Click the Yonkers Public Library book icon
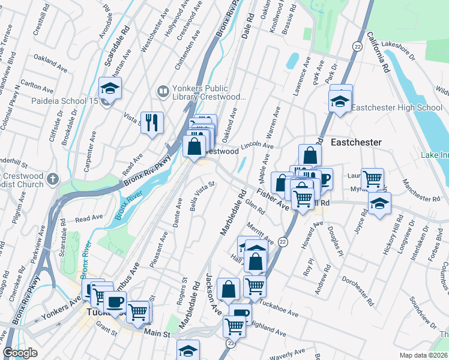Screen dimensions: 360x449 pyautogui.click(x=162, y=92)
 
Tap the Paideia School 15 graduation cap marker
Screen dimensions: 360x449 pyautogui.click(x=110, y=88)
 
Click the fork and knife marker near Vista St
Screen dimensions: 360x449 pyautogui.click(x=152, y=123)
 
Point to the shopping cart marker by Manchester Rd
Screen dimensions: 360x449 pyautogui.click(x=372, y=178)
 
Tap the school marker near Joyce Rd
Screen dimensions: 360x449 pyautogui.click(x=379, y=203)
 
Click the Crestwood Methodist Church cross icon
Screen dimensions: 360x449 pyautogui.click(x=53, y=179)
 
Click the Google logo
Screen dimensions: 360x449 pyautogui.click(x=20, y=353)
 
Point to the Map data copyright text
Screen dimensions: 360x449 pyautogui.click(x=424, y=355)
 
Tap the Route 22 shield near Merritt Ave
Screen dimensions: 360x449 pyautogui.click(x=283, y=241)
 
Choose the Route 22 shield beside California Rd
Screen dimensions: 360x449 pyautogui.click(x=357, y=46)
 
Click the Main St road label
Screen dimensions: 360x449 pyautogui.click(x=157, y=333)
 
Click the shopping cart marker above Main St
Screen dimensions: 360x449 pyautogui.click(x=139, y=311)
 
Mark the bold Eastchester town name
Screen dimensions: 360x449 pyautogui.click(x=356, y=142)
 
